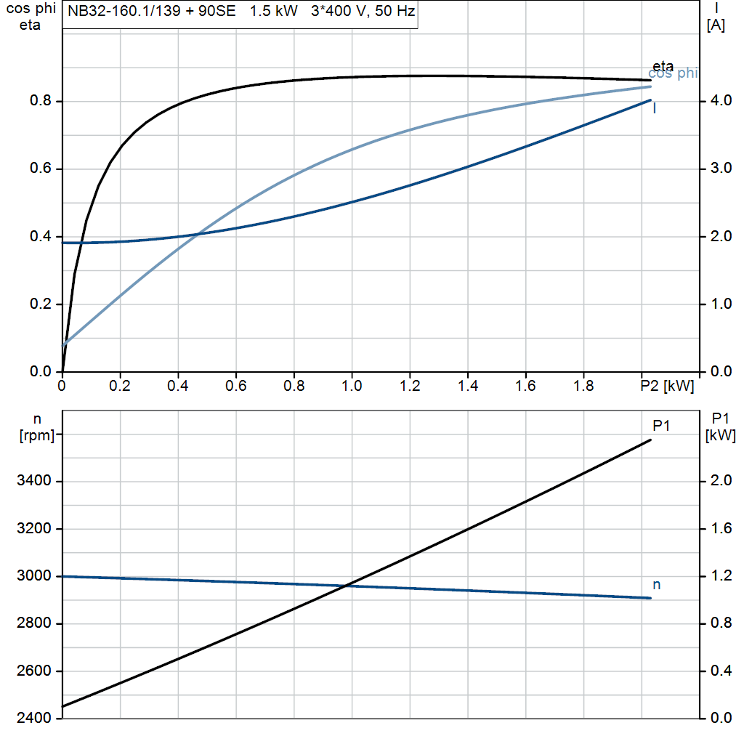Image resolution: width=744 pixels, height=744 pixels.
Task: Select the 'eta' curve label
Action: [x=663, y=66]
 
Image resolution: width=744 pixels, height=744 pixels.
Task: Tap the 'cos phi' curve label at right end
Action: [x=673, y=73]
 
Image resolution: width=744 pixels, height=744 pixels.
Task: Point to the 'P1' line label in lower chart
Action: [x=660, y=426]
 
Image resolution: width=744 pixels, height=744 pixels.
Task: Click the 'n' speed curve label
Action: [x=657, y=584]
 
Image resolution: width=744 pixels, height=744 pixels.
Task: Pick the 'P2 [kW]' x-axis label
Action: [x=667, y=387]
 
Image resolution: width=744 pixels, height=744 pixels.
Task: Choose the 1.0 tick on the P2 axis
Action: [x=352, y=387]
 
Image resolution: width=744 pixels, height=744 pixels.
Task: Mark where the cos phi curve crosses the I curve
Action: [x=198, y=234]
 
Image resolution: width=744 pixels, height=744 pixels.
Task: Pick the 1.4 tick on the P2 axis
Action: [x=468, y=387]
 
